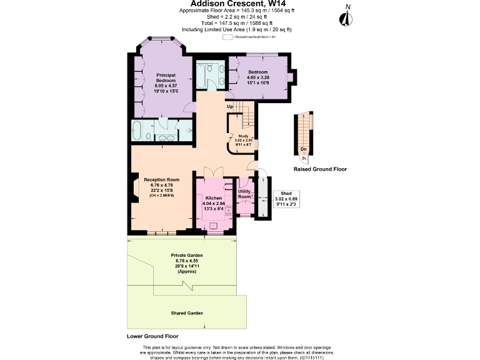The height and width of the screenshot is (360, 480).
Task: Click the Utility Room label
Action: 244,194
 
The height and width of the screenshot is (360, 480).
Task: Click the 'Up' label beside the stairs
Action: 230,107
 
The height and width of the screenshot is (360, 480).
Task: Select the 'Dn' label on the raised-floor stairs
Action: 303,149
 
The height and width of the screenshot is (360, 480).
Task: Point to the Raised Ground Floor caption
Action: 320,169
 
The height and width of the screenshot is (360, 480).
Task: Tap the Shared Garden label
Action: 187,312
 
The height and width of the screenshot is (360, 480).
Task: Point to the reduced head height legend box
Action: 227,37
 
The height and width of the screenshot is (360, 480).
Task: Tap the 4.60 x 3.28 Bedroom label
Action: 257,77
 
